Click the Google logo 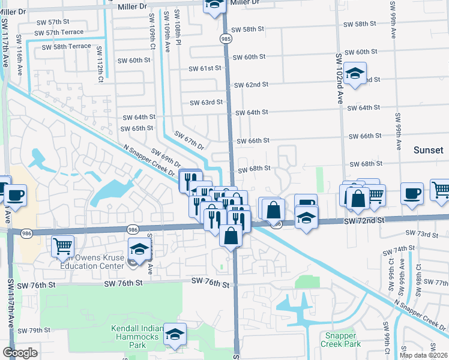pyautogui.click(x=20, y=353)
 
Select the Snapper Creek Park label pyautogui.click(x=341, y=340)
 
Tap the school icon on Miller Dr pyautogui.click(x=214, y=5)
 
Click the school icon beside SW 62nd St pyautogui.click(x=355, y=74)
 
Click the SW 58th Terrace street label pyautogui.click(x=67, y=46)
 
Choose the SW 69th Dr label pyautogui.click(x=166, y=158)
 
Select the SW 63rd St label pyautogui.click(x=206, y=103)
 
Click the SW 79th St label pyautogui.click(x=34, y=330)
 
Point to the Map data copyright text pyautogui.click(x=423, y=355)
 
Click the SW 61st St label pyautogui.click(x=205, y=68)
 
